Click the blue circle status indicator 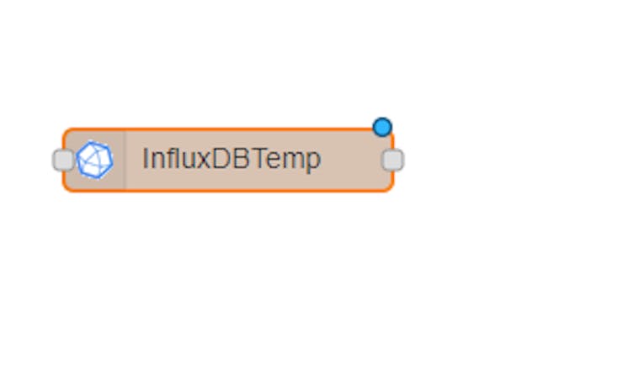pos(382,127)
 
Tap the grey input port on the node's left pos(63,160)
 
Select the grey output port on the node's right pos(392,160)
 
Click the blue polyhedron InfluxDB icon pos(94,160)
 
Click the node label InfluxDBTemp pos(232,159)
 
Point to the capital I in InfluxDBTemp pos(145,158)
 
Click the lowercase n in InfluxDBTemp pos(157,161)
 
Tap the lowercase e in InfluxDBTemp pos(273,161)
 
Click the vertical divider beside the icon pos(125,160)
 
